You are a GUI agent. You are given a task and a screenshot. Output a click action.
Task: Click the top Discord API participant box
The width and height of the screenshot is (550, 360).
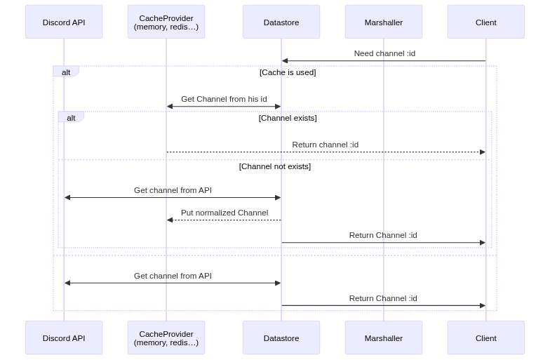pyautogui.click(x=64, y=22)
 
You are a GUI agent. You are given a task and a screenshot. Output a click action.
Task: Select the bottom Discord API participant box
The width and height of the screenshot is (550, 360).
pyautogui.click(x=64, y=338)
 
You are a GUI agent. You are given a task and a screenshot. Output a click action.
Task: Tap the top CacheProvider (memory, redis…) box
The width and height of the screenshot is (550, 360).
pyautogui.click(x=166, y=22)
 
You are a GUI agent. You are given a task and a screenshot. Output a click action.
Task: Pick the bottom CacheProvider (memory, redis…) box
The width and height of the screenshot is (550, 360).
pyautogui.click(x=166, y=338)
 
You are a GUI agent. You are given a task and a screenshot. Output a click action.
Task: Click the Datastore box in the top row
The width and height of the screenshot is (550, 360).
pyautogui.click(x=281, y=22)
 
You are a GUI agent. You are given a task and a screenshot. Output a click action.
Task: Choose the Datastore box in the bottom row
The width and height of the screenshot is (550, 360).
pyautogui.click(x=281, y=338)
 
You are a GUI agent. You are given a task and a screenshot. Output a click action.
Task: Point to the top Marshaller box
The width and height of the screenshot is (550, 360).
pyautogui.click(x=384, y=22)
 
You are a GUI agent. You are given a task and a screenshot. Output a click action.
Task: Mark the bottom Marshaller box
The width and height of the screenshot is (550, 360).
pyautogui.click(x=384, y=338)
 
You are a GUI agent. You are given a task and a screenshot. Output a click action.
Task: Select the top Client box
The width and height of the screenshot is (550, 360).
pyautogui.click(x=485, y=22)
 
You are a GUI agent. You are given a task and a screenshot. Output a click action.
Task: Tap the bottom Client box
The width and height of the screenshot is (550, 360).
pyautogui.click(x=485, y=338)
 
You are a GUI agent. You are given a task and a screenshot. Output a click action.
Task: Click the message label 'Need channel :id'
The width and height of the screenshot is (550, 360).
pyautogui.click(x=384, y=53)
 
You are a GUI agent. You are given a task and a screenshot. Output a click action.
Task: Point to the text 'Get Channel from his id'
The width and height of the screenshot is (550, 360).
pyautogui.click(x=224, y=99)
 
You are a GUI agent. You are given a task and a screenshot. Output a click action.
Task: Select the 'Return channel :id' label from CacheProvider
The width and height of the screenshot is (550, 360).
pyautogui.click(x=326, y=145)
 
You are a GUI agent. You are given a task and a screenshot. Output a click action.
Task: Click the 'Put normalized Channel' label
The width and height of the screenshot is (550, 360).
pyautogui.click(x=224, y=213)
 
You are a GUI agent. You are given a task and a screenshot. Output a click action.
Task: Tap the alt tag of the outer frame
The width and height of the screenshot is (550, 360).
pyautogui.click(x=66, y=72)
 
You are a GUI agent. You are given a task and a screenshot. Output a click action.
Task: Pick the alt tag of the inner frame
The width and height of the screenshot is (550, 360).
pyautogui.click(x=71, y=117)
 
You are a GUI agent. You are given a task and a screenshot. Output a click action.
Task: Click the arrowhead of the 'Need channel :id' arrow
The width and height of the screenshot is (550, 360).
pyautogui.click(x=284, y=61)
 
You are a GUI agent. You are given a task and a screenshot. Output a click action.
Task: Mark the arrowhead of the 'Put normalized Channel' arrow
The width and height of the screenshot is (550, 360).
pyautogui.click(x=169, y=220)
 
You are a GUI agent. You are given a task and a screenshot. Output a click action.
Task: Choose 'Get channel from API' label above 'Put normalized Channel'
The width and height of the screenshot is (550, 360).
pyautogui.click(x=173, y=190)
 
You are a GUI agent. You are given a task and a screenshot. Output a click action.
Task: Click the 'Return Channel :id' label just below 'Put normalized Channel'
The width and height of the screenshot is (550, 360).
pyautogui.click(x=383, y=235)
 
